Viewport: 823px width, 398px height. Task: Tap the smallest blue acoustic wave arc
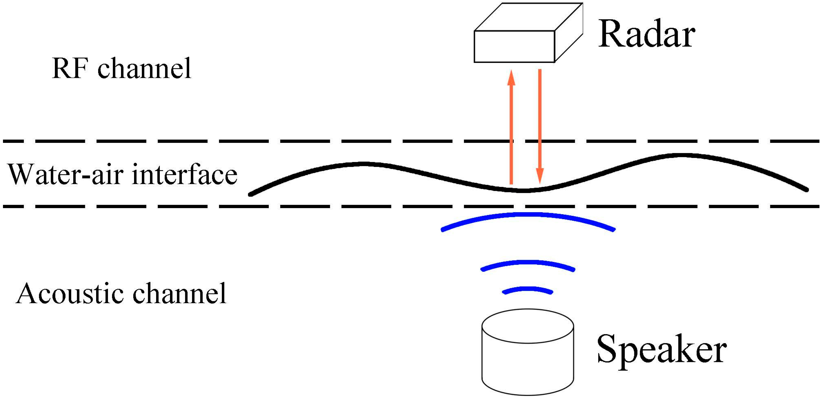coord(528,289)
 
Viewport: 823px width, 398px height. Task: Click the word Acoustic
coord(70,294)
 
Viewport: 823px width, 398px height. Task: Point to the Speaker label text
coord(661,350)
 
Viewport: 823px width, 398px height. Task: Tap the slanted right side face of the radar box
coord(569,33)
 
